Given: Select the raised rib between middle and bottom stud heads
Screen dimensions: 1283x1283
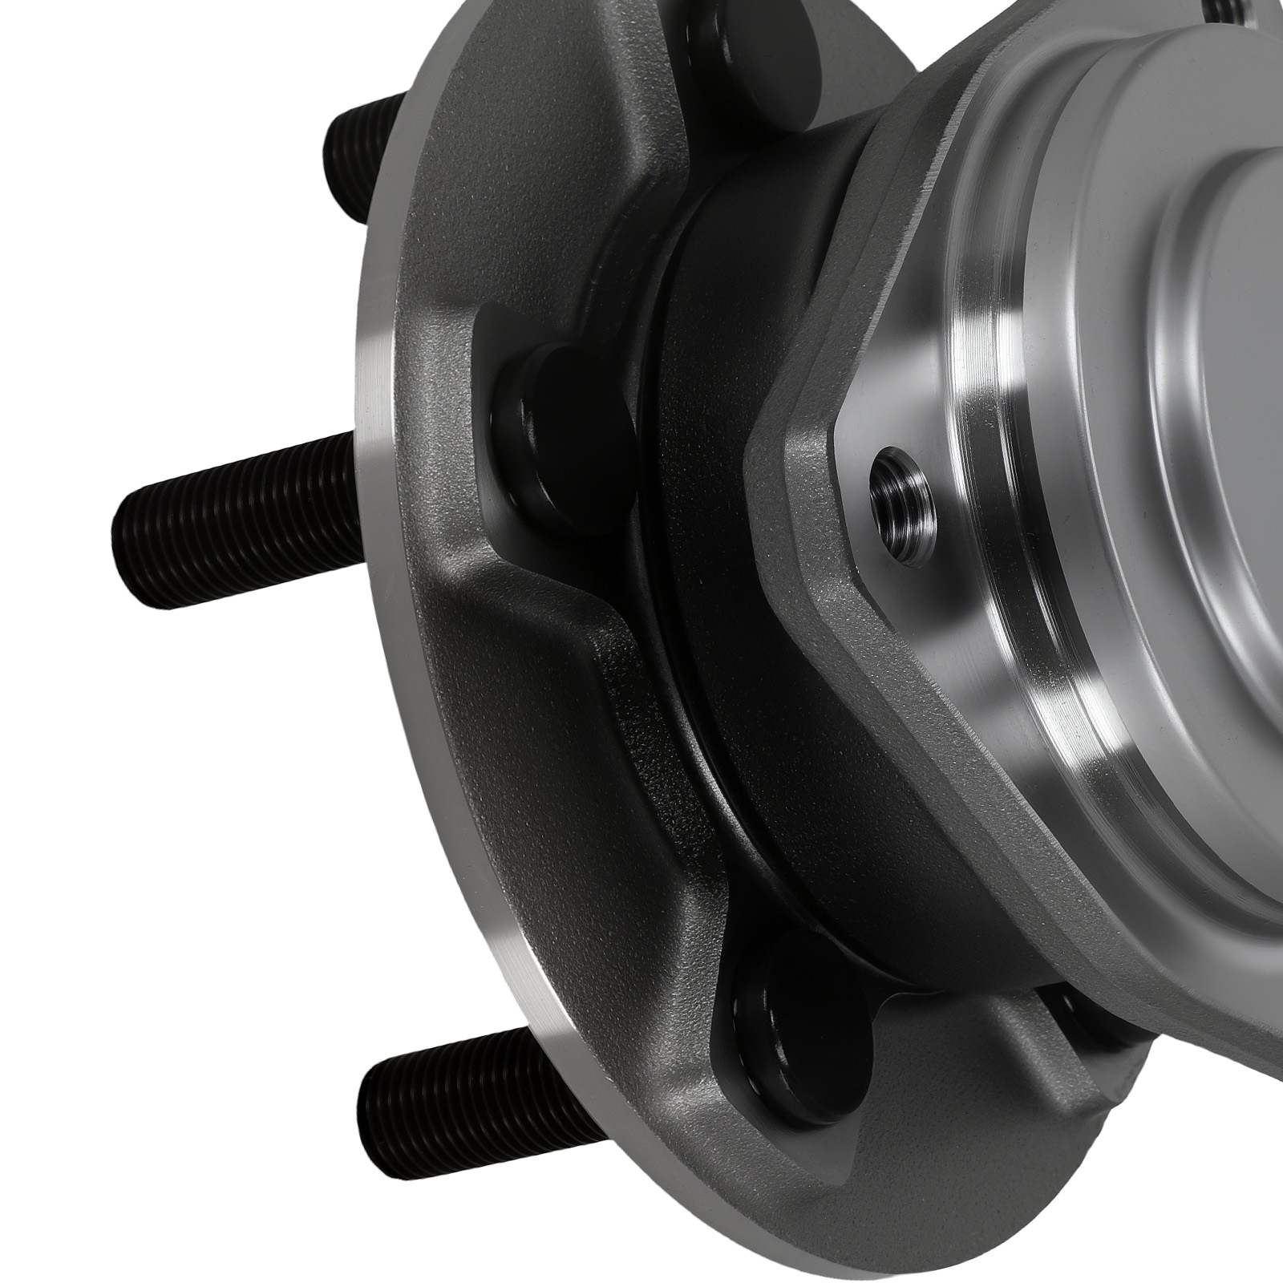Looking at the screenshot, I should point(561,666).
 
